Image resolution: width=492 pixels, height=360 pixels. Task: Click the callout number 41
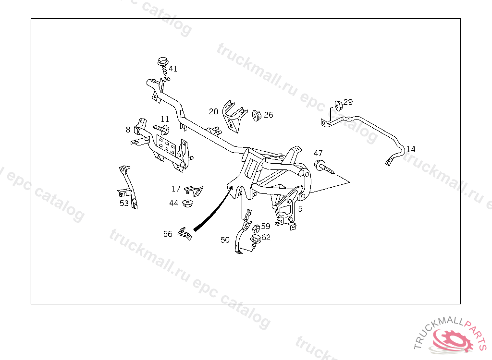[x=173, y=69]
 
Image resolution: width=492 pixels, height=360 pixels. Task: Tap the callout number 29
[x=348, y=102]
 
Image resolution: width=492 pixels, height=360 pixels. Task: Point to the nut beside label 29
[x=338, y=106]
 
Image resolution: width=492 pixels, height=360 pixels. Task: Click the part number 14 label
[x=411, y=149]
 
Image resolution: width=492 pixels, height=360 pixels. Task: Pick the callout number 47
[x=318, y=153]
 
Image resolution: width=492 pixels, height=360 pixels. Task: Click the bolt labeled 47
[x=324, y=167]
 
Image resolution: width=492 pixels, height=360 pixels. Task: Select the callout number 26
[x=268, y=115]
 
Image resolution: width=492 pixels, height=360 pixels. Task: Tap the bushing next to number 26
[x=257, y=115]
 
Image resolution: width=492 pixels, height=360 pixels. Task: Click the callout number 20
[x=214, y=112]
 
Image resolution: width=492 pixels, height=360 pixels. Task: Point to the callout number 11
[x=165, y=119]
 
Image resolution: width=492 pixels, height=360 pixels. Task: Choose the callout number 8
[x=128, y=130]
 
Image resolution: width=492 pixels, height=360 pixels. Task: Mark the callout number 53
[x=124, y=203]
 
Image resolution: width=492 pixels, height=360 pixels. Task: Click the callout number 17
[x=176, y=189]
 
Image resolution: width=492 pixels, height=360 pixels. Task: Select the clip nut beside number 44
[x=188, y=203]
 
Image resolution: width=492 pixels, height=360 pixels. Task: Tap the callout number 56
[x=168, y=234]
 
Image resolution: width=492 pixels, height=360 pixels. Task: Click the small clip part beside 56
[x=184, y=234]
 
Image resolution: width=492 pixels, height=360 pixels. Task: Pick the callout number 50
[x=225, y=240]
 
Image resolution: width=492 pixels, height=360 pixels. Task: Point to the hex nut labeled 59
[x=256, y=228]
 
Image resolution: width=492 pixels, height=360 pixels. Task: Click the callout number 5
[x=300, y=209]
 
